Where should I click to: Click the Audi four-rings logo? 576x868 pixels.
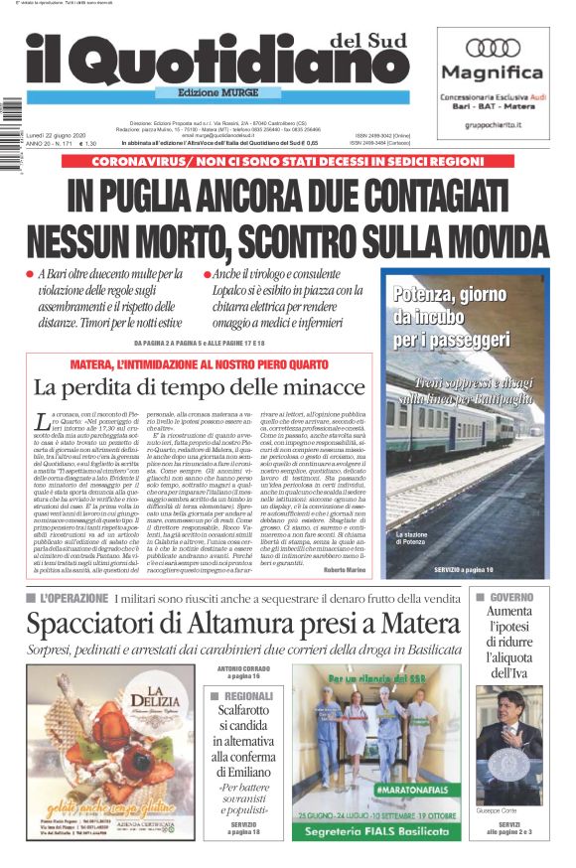tap(493, 48)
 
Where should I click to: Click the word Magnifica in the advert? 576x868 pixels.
tap(493, 72)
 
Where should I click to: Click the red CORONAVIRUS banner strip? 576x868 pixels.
tap(287, 160)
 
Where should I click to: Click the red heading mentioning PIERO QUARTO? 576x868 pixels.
tap(200, 364)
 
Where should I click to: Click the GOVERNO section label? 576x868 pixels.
tap(512, 598)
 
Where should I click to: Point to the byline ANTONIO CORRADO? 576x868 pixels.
tap(242, 668)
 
